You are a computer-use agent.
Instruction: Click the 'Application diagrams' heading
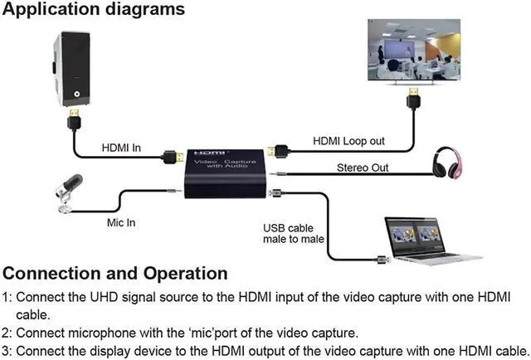point(94,11)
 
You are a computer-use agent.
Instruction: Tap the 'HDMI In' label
point(121,148)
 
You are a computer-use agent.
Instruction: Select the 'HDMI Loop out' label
point(348,141)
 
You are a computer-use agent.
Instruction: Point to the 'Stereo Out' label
point(362,168)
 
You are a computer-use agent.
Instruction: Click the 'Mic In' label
point(121,223)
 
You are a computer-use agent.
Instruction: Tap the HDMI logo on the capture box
point(202,153)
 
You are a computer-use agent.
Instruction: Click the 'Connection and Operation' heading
point(115,273)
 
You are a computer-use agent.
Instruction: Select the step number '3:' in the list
point(7,349)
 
